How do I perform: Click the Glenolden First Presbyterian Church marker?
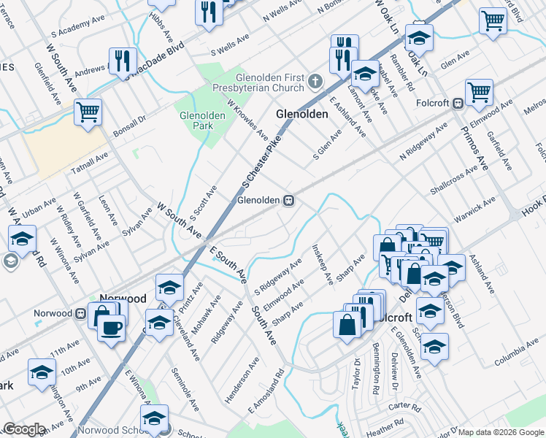pos(315,80)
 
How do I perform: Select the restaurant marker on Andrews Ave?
pos(121,61)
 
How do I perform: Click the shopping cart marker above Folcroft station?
pos(479,92)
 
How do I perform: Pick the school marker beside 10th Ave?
pos(42,372)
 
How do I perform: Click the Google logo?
pos(24,429)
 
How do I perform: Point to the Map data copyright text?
pos(501,432)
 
